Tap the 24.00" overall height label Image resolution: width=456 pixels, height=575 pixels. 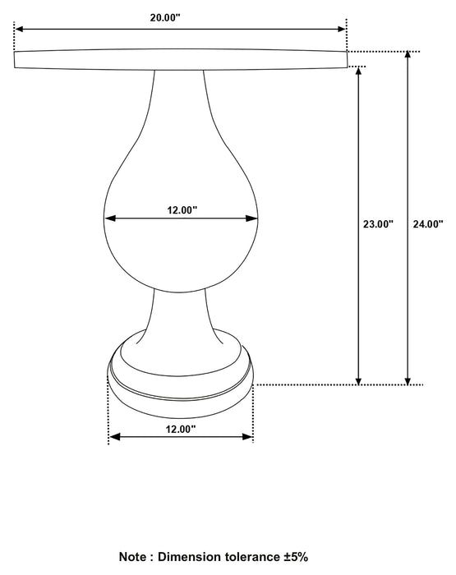[x=428, y=223]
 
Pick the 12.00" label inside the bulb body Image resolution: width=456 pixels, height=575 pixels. [x=182, y=209]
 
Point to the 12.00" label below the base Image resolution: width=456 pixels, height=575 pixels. [x=180, y=429]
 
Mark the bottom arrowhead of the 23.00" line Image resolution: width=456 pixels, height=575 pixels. [x=359, y=379]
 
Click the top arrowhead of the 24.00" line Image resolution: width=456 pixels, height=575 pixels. [x=408, y=56]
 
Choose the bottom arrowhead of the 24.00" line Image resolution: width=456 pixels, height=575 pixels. [x=408, y=379]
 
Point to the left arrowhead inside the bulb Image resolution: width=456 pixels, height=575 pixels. [x=109, y=218]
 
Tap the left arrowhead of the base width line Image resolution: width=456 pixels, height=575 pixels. [x=114, y=437]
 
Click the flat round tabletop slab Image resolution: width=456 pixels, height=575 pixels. [x=181, y=59]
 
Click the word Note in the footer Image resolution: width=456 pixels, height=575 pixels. [x=135, y=556]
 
